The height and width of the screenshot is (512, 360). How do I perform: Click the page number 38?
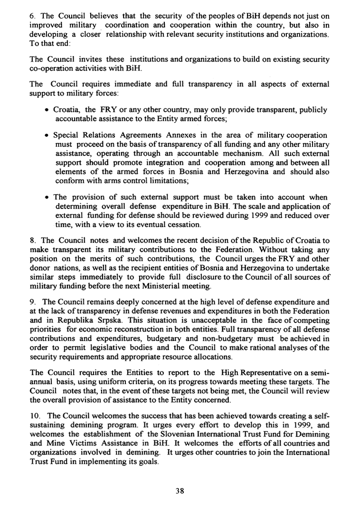coord(180,492)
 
